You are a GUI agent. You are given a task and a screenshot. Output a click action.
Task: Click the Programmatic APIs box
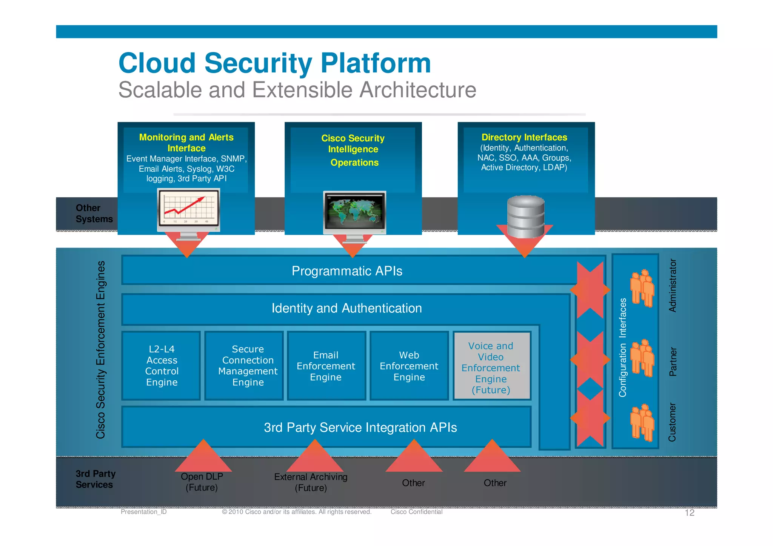[x=347, y=271]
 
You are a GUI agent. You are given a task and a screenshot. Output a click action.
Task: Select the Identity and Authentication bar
[x=346, y=308]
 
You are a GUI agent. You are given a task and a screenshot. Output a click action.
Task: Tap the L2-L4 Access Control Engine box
[x=162, y=366]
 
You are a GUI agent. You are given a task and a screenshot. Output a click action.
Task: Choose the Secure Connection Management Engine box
[x=248, y=366]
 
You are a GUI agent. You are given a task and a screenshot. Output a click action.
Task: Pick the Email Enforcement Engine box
[x=326, y=366]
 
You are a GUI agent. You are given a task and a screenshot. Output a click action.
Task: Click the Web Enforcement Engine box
[x=409, y=366]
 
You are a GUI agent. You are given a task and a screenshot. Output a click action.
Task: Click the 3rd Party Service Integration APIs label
[x=360, y=427]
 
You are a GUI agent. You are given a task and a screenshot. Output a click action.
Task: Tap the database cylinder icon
[x=525, y=216]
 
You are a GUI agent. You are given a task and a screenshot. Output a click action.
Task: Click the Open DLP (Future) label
[x=202, y=482]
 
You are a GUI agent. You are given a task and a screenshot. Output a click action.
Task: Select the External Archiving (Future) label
[x=311, y=482]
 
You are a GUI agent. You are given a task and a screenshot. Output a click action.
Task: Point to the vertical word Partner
[x=673, y=361]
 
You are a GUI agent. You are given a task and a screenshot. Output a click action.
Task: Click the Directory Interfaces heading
[x=524, y=137]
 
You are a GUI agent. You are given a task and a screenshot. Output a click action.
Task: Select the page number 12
[x=689, y=512]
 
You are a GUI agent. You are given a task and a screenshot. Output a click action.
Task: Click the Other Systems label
[x=94, y=214]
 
